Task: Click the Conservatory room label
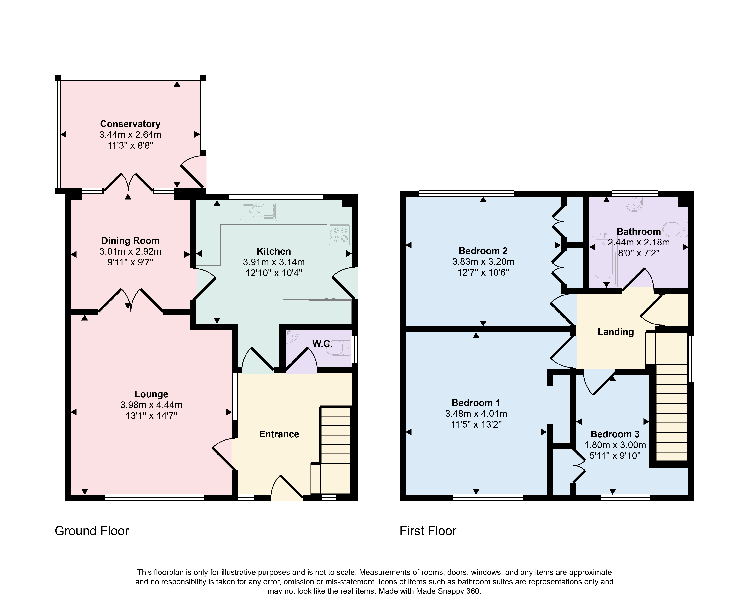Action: (x=130, y=124)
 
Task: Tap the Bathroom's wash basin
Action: (x=635, y=204)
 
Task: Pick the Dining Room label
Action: (x=130, y=241)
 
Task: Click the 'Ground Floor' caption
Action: (x=92, y=531)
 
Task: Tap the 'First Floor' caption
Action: (x=428, y=531)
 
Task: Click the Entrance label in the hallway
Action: (x=279, y=434)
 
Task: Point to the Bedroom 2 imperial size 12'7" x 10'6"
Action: (x=483, y=273)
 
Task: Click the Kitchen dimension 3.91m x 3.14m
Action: (x=274, y=262)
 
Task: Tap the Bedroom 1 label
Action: (x=476, y=403)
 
